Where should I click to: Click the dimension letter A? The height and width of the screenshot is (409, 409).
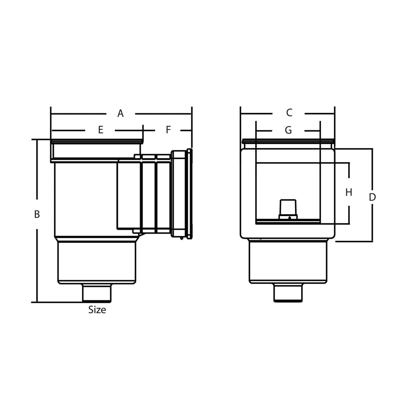click(x=120, y=113)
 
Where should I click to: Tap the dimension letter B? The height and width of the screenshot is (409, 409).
click(x=37, y=214)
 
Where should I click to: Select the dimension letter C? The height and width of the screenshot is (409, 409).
click(x=289, y=113)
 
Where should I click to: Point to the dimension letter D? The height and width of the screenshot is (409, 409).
click(x=372, y=197)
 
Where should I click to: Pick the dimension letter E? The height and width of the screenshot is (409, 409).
click(x=101, y=130)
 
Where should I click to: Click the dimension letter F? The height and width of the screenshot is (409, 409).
click(x=168, y=129)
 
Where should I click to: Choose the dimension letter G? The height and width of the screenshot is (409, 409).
click(x=288, y=130)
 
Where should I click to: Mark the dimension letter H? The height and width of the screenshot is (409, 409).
click(x=348, y=192)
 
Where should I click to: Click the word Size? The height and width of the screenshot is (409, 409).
click(x=97, y=310)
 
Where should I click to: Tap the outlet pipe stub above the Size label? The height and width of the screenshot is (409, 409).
click(x=97, y=293)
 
